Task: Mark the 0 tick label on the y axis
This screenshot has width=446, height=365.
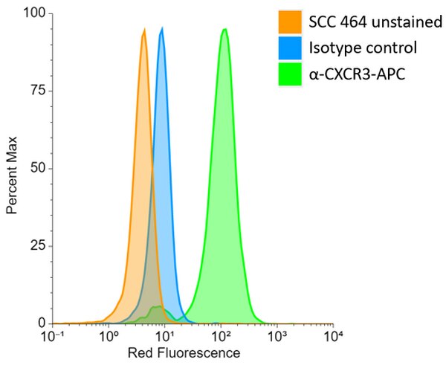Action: tap(40, 323)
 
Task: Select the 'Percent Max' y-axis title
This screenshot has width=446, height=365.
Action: tap(13, 168)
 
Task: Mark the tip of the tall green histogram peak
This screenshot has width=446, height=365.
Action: tap(224, 30)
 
